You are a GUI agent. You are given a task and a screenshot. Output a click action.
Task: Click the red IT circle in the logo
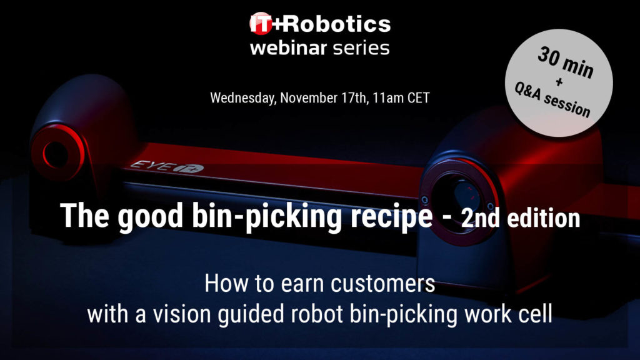261,23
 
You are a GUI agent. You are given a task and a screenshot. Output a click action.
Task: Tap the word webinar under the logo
289,47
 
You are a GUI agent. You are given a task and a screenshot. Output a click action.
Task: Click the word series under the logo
361,48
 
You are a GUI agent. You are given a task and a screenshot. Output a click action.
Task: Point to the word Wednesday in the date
243,98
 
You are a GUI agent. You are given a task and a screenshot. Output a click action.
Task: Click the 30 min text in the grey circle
565,62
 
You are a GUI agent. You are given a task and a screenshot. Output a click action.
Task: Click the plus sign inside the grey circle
559,82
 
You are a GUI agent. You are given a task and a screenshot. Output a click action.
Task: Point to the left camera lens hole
56,154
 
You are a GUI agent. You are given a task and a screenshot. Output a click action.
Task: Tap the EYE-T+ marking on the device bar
167,166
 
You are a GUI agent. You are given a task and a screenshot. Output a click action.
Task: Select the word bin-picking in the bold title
266,216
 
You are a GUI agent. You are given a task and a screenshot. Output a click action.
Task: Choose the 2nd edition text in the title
521,218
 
